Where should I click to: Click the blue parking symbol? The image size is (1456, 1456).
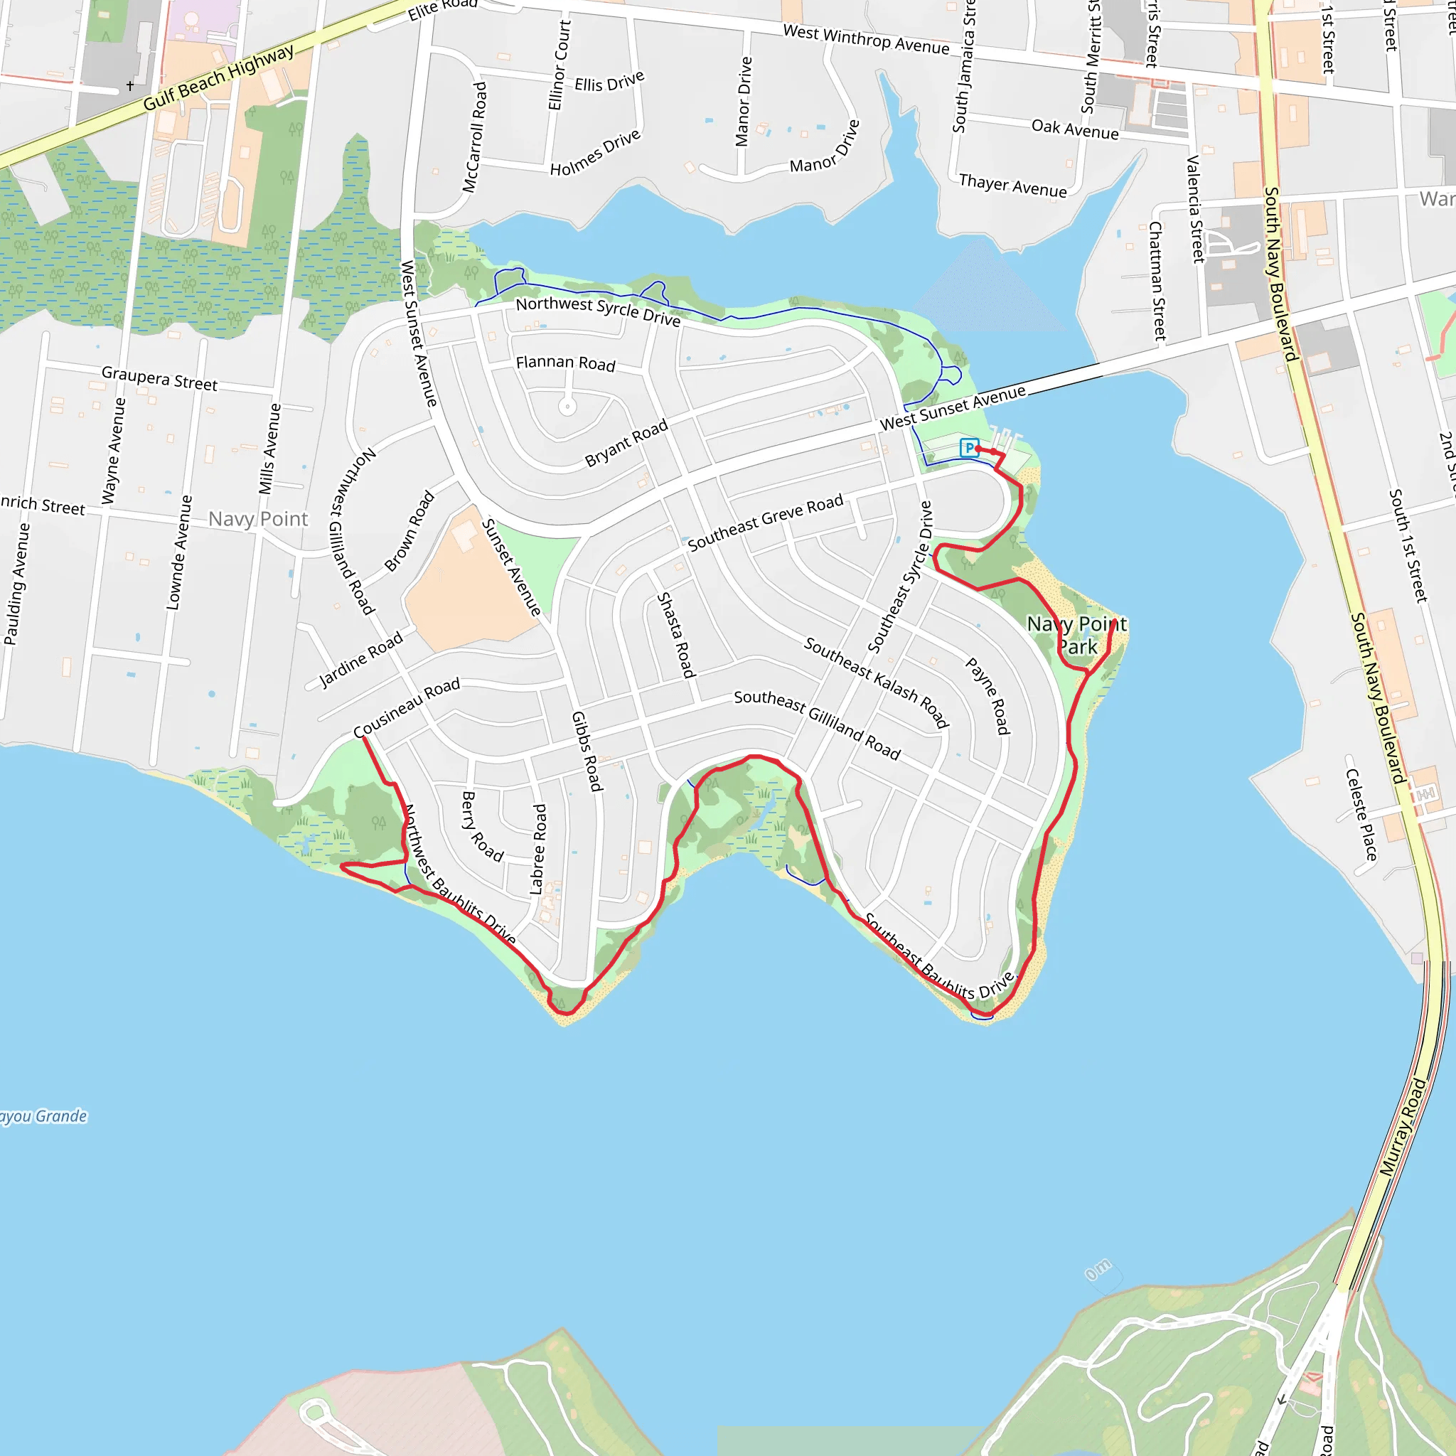pos(969,448)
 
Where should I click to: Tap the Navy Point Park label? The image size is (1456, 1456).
pos(1077,635)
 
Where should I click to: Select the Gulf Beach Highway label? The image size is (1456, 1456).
pos(218,77)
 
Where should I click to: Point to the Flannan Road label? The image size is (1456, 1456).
pos(565,363)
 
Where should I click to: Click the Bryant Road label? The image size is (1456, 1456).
pos(626,443)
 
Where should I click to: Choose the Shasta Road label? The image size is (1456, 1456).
pos(675,635)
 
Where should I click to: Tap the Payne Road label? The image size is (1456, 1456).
pos(987,695)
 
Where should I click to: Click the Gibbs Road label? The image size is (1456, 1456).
pos(587,751)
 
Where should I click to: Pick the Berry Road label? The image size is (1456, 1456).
pos(481,826)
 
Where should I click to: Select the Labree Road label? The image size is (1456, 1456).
pos(538,850)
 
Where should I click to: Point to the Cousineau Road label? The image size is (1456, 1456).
pos(406,707)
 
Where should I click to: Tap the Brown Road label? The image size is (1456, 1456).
pos(409,530)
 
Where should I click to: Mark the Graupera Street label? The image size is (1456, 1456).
pos(160,378)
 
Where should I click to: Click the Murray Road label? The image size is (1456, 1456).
pos(1403,1128)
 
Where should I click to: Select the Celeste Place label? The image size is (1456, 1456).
pos(1361,815)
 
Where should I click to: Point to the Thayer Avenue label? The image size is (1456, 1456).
pos(1013,186)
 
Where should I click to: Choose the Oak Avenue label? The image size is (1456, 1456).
pos(1075,129)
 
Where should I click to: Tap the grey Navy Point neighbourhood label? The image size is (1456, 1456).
pos(258,518)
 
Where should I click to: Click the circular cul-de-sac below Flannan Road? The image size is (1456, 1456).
pos(567,407)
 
